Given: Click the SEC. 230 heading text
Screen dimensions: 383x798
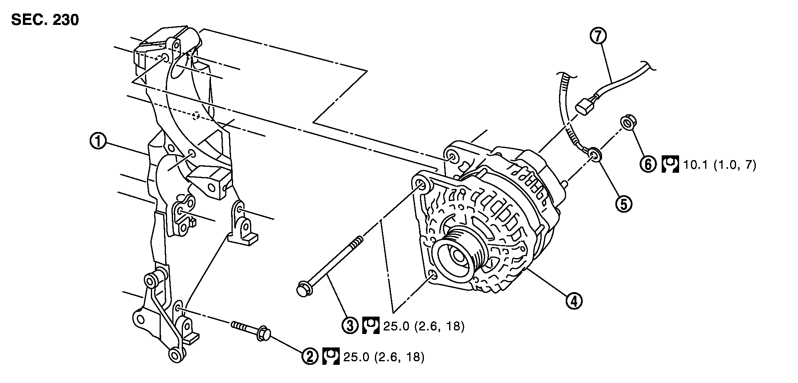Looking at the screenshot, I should (45, 20).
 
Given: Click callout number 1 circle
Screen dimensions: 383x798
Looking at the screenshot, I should (98, 141).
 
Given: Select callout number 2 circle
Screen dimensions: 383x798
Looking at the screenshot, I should (310, 357).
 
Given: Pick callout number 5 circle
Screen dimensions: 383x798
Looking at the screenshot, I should (623, 204).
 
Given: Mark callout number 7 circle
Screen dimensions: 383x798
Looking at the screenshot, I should (598, 36).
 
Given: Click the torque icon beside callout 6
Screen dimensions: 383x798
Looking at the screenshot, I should (670, 164).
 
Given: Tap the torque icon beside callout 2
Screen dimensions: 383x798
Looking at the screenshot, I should (331, 357).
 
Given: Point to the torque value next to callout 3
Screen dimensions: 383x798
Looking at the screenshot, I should (423, 326).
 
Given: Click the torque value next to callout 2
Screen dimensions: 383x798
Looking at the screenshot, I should (384, 357).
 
